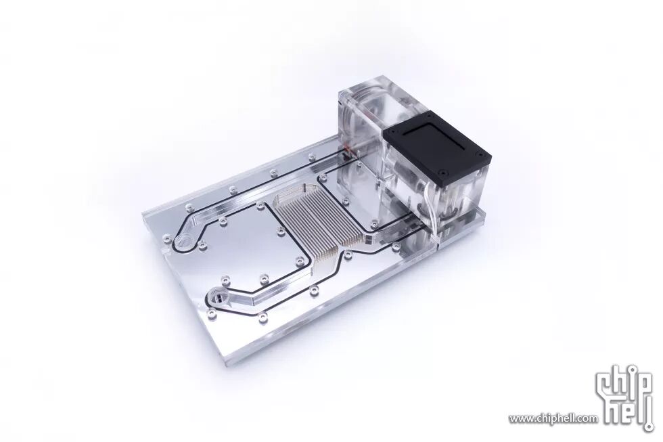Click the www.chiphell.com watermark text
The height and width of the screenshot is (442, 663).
click(553, 419)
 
